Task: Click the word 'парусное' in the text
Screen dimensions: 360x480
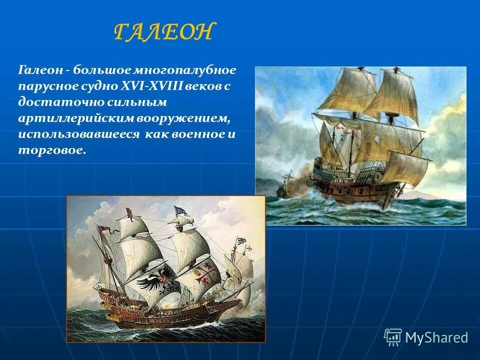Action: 46,86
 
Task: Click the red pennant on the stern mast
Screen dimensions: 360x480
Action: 104,229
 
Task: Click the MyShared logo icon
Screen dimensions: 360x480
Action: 392,337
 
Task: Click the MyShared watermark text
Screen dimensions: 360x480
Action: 436,337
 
